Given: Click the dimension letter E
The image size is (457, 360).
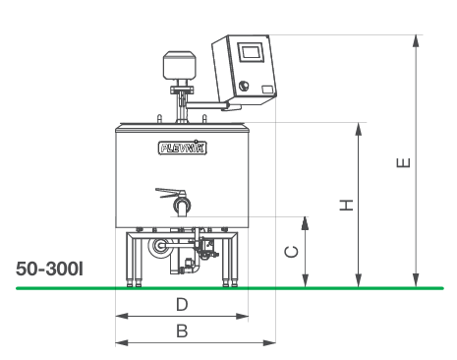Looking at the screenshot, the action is tap(403, 163).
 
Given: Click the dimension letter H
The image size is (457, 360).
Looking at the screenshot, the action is tap(346, 205).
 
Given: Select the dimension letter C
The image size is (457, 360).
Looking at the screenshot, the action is tap(291, 252).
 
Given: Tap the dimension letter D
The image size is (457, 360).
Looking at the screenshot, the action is tap(182, 305).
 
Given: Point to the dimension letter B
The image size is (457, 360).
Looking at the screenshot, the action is tap(182, 330).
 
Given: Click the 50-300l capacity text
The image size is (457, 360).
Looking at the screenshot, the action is tap(49, 269).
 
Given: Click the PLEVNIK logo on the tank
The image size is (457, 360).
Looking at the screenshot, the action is tap(183, 148).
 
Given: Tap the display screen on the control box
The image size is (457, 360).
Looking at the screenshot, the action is tap(251, 52).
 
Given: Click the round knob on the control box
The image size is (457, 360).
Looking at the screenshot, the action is tap(244, 86).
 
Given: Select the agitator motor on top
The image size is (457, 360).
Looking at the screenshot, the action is tap(179, 65).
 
